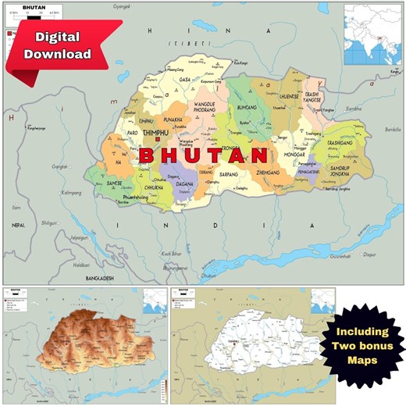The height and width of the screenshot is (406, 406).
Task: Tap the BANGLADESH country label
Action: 94,278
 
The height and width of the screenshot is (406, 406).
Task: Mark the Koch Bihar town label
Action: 171,255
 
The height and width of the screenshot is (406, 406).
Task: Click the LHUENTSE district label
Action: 287,97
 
